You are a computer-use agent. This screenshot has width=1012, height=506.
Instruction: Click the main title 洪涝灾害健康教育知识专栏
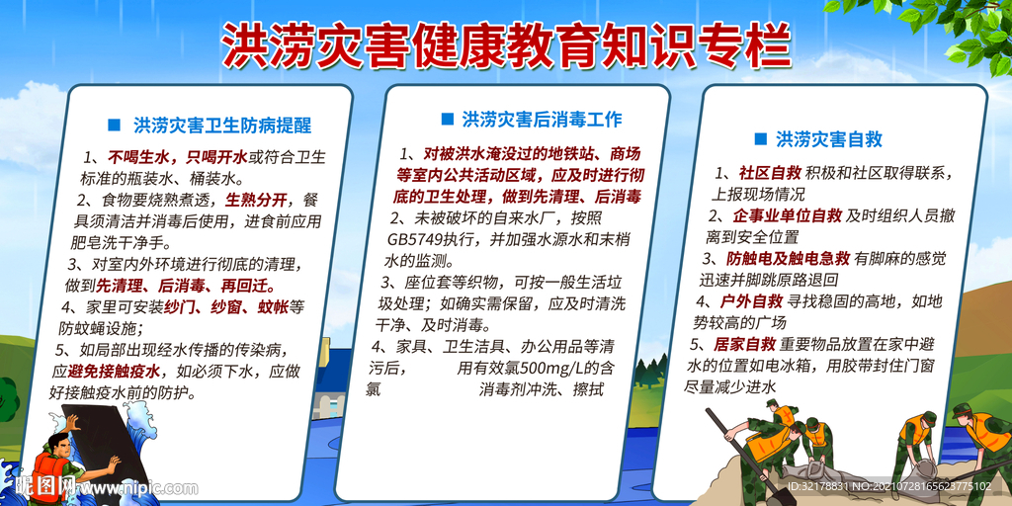pos(505,44)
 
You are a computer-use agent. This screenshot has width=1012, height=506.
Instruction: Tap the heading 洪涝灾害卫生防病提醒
pos(222,126)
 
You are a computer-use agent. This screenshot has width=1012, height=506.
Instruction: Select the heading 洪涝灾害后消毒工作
pos(542,120)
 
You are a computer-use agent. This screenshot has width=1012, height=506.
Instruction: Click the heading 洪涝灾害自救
pos(828,139)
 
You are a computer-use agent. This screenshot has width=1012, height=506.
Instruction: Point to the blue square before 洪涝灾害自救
pos(760,139)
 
